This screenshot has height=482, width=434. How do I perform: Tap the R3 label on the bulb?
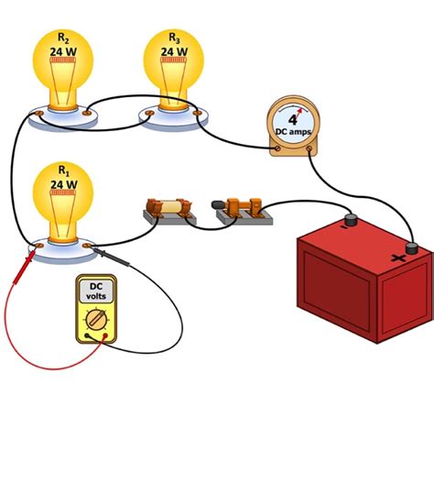tap(173, 38)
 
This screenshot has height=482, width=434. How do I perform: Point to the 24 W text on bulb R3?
tap(173, 50)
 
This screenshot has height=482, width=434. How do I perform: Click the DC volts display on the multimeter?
tap(95, 290)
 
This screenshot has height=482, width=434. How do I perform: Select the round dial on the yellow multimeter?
tap(96, 320)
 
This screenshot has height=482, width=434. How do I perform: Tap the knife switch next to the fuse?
tap(244, 207)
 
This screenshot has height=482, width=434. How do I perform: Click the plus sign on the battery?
tap(398, 259)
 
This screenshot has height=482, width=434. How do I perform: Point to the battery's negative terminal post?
tap(349, 221)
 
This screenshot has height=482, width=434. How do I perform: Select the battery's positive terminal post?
tap(412, 246)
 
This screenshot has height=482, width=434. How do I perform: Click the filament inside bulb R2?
tap(62, 61)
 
